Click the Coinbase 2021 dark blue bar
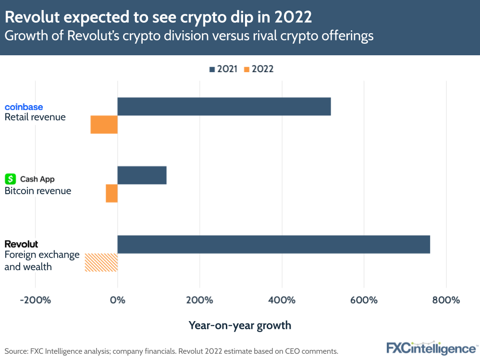pos(224,106)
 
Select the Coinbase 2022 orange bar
pos(104,124)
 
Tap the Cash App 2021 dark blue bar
pos(142,175)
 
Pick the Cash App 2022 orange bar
pos(111,193)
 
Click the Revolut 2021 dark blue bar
pos(273,244)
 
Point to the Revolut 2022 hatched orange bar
pos(101,262)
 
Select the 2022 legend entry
pos(258,69)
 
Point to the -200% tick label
pos(35,300)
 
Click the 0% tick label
pos(117,300)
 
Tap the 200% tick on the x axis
pos(199,300)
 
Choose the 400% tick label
pos(282,300)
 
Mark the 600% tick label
pos(364,300)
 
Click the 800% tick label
pos(446,300)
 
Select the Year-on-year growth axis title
pos(240,325)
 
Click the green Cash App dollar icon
pos(10,179)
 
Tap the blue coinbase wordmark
pos(24,107)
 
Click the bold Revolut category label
pos(21,244)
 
